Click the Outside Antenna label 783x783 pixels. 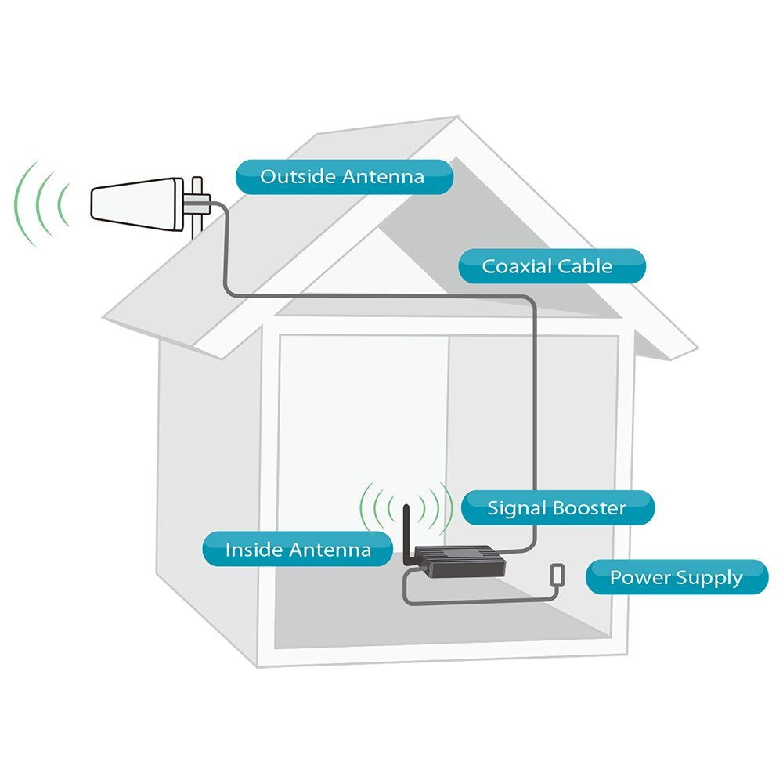tap(344, 177)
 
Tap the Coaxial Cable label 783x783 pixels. tap(552, 266)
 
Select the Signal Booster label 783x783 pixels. tap(557, 508)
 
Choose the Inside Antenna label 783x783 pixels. tap(298, 550)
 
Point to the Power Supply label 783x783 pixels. tap(677, 577)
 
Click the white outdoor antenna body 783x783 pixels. tap(137, 204)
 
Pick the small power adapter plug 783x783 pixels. tap(557, 575)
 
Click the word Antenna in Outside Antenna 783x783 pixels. tap(383, 177)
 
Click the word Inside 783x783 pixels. tap(254, 550)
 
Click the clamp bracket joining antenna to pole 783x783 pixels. tap(197, 202)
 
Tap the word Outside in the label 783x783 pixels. tap(298, 177)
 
